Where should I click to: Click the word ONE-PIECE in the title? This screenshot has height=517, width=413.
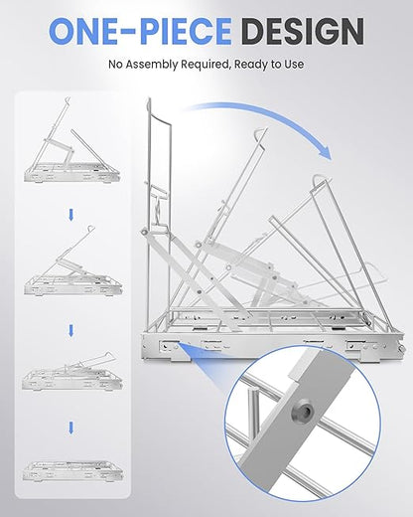(x=140, y=31)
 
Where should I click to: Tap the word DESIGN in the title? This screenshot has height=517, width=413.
(x=302, y=31)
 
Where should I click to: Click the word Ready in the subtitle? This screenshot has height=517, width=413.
(x=251, y=65)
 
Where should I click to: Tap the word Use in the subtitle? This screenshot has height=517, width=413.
(x=293, y=64)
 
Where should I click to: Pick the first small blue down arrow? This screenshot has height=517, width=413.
(x=70, y=215)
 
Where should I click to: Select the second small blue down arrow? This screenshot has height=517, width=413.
(x=70, y=331)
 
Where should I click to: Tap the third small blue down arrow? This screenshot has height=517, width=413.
(x=70, y=428)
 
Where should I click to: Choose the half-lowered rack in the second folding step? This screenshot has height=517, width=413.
(x=72, y=261)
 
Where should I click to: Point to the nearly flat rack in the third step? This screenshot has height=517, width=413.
(x=72, y=373)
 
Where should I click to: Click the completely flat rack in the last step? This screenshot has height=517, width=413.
(x=72, y=471)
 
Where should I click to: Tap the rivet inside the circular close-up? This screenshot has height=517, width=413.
(x=301, y=412)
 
